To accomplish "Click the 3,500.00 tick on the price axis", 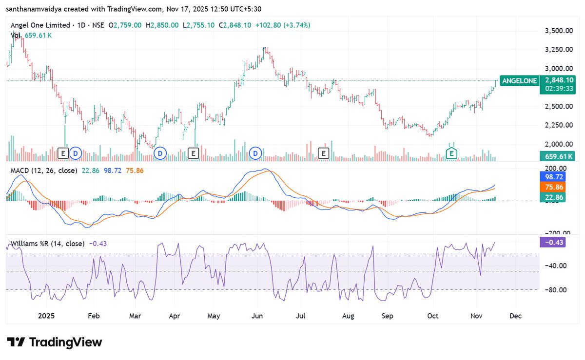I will point(558,31).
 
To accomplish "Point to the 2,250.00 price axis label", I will point(558,125).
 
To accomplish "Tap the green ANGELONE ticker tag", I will point(519,81).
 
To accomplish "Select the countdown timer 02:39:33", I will point(559,89).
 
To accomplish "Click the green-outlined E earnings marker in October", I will point(452,153).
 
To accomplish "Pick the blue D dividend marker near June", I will point(256,153).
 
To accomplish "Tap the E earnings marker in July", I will point(322,153).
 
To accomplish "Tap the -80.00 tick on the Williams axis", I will point(556,290).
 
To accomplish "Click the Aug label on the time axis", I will point(348,316).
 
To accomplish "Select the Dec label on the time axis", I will point(515,316).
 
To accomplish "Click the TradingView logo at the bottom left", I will point(54,342).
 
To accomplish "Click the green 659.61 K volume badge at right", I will point(557,156).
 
